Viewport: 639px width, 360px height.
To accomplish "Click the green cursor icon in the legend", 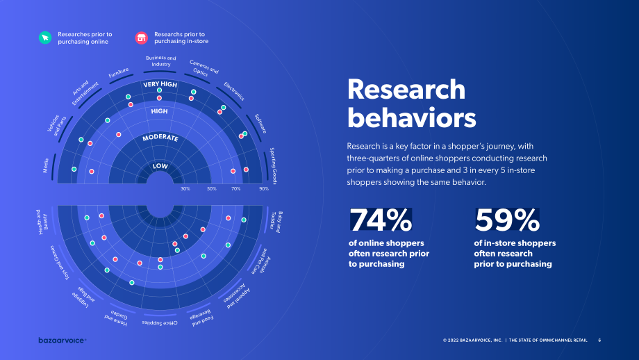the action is coord(45,38).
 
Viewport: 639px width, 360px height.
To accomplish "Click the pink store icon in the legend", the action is coord(142,38).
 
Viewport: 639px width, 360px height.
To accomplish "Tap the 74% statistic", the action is coord(381,220).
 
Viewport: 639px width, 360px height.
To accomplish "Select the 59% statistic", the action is coord(507,220).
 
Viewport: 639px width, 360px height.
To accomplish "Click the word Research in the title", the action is coord(406,89).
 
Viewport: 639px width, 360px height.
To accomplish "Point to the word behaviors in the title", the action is coord(411,118).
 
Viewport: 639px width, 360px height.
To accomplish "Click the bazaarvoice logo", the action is coord(63,340).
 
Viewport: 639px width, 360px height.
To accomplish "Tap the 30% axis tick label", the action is coord(185,189).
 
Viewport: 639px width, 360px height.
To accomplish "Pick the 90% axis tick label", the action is coord(264,189).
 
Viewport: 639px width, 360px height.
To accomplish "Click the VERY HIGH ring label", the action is coord(160,84).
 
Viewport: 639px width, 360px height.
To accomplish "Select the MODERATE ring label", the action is coord(160,138).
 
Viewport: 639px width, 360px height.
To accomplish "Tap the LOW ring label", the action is coord(160,166).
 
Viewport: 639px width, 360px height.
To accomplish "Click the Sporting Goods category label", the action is coord(274,165).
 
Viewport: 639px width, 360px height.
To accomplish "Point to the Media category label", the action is coord(46,165).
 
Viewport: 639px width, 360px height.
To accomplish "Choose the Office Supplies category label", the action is coord(160,323).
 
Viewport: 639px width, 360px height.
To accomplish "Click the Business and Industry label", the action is coord(161,61).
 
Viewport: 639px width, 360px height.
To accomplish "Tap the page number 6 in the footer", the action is coord(599,340).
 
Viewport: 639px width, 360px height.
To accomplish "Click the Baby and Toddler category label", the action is coord(276,222).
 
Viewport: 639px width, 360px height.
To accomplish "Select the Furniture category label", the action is coord(119,72).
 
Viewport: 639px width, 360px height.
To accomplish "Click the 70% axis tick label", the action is coord(235,189).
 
